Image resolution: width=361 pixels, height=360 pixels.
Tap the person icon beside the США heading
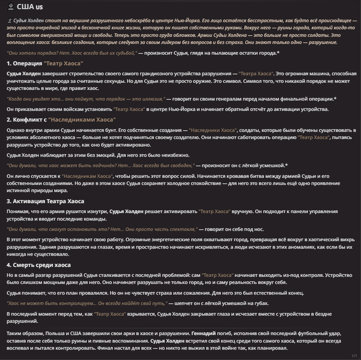[11, 7]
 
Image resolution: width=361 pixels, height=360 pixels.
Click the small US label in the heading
[39, 8]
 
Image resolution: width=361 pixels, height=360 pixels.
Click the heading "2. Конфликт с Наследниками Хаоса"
[61, 120]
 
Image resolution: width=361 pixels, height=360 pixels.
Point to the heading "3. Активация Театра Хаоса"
[46, 201]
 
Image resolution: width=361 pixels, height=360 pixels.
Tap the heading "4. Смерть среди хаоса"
[39, 265]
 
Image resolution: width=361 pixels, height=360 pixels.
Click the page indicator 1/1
[354, 355]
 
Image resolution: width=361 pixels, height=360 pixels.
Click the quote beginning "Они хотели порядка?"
[72, 53]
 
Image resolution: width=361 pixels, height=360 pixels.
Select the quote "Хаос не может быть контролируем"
[87, 303]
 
